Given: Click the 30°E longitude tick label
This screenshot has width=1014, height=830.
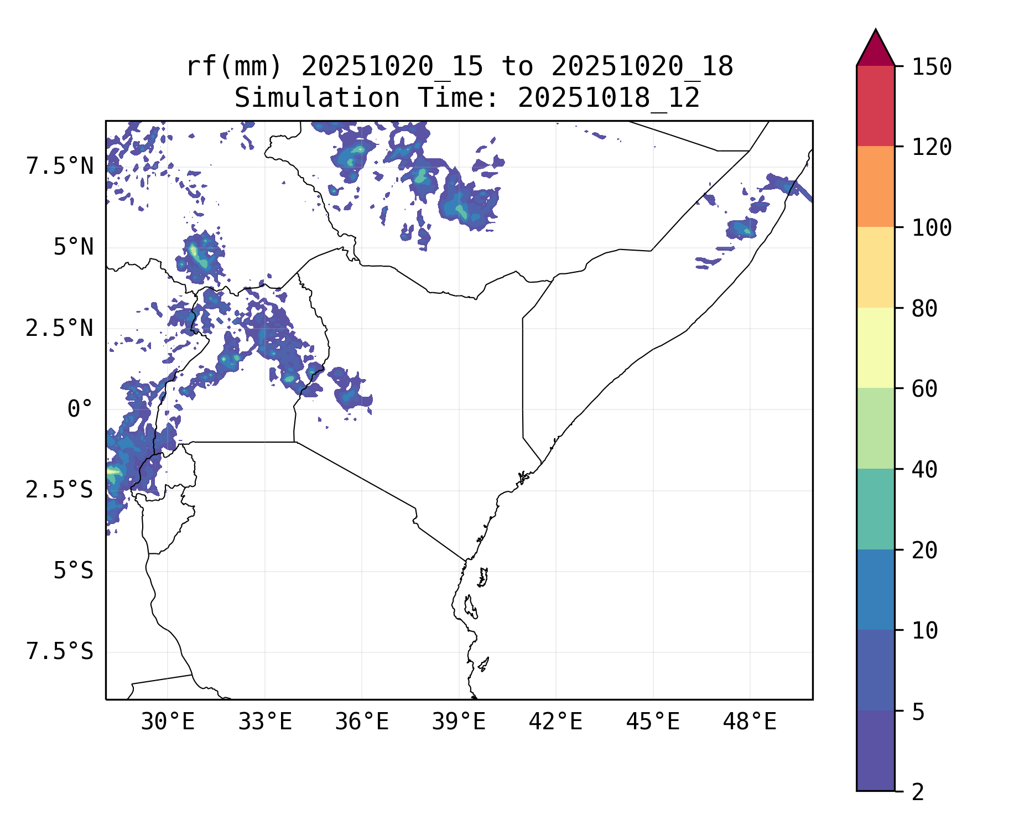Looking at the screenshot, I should tap(168, 722).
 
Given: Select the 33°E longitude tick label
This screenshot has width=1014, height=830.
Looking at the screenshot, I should tap(265, 722).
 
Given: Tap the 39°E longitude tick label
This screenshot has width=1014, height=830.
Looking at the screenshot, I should tap(459, 722).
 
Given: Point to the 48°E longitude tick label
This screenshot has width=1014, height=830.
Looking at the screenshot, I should tap(750, 722).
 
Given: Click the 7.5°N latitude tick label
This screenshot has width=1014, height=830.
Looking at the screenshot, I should tap(60, 166).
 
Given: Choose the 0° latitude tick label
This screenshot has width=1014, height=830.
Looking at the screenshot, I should tap(80, 409).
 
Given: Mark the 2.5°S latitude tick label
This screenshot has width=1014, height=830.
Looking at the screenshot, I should tap(60, 490).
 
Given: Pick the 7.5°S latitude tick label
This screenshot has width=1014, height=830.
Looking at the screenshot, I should tap(60, 652).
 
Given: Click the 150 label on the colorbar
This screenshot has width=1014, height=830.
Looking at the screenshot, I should tap(932, 67).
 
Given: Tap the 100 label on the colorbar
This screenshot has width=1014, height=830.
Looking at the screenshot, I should tap(932, 227).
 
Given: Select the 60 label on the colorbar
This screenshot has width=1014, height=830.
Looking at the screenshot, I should tap(924, 388).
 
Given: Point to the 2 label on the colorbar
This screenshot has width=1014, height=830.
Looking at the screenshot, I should tap(918, 792).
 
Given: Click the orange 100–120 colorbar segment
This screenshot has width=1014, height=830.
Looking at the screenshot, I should tap(875, 186).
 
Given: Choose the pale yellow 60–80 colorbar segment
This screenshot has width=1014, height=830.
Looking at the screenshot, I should tap(875, 347).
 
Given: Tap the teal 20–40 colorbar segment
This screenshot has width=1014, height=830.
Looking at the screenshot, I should tap(875, 509).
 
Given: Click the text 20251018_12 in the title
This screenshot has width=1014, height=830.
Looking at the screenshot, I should tap(609, 98).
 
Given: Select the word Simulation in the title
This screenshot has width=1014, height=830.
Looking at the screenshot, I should tap(317, 98).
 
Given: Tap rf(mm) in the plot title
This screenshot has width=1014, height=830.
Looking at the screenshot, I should tap(234, 66).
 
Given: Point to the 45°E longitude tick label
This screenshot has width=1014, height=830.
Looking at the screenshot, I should tap(653, 722).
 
